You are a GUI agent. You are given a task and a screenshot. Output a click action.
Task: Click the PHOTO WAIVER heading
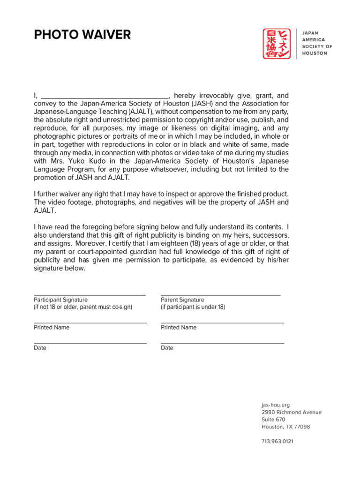(x=82, y=35)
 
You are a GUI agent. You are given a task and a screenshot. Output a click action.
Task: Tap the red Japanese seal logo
(x=277, y=44)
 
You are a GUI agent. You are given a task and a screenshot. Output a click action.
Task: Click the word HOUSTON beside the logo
(x=314, y=53)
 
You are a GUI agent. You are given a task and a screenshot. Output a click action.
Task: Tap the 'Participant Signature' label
(x=60, y=300)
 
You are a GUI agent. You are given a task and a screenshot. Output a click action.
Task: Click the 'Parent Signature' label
(x=182, y=300)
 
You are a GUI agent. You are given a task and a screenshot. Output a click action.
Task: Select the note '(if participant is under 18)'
(x=193, y=307)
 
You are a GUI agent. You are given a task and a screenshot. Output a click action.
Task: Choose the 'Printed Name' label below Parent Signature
(x=179, y=327)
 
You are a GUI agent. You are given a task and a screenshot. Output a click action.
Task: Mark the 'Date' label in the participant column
(x=40, y=348)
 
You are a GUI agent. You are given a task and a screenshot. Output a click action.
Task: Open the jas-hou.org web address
(x=276, y=405)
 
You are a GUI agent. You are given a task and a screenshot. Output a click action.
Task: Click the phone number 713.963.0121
(x=277, y=441)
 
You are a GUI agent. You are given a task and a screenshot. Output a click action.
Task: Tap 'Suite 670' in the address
(x=273, y=420)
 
